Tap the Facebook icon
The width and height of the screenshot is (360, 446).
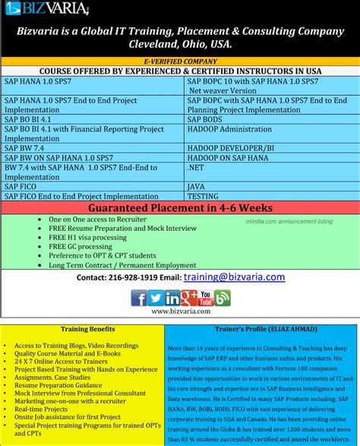(x=139, y=298)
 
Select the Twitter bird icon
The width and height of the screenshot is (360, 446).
(x=156, y=298)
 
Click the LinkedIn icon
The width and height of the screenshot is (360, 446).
(x=172, y=298)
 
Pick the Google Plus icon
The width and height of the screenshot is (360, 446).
(x=189, y=298)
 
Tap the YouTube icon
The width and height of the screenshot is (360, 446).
(x=206, y=298)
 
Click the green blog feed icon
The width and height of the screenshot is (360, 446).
(x=223, y=298)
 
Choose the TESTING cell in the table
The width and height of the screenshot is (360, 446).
(x=203, y=195)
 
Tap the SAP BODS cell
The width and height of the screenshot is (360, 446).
(x=206, y=119)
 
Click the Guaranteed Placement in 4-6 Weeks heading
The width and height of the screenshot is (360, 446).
(x=180, y=207)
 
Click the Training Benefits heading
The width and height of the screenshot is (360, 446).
(x=88, y=329)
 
